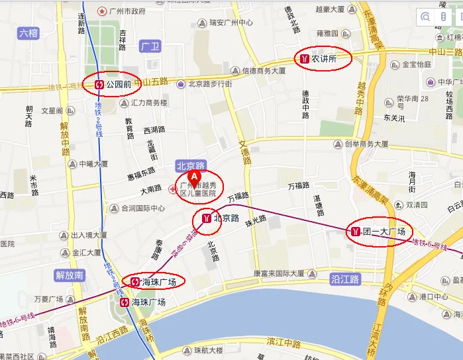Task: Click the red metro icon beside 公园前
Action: pos(99,85)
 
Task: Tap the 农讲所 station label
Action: pos(324,59)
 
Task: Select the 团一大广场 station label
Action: pos(384,231)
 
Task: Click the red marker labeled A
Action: pos(194,177)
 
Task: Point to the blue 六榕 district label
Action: pos(28,32)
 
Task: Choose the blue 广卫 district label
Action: pos(151,46)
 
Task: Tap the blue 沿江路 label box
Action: pos(344,279)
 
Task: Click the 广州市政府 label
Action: pos(126,11)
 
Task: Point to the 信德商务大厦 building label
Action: pos(263,71)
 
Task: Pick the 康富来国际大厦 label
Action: pos(278,273)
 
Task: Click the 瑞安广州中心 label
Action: pos(231,22)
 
